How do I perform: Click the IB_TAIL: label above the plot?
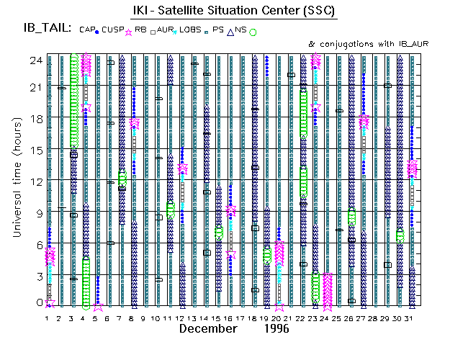pyautogui.click(x=47, y=28)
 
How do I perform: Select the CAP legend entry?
pyautogui.click(x=87, y=30)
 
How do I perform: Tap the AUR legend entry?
pyautogui.click(x=166, y=30)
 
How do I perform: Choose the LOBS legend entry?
pyautogui.click(x=192, y=30)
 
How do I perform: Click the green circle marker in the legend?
pyautogui.click(x=253, y=32)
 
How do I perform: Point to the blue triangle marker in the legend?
pyautogui.click(x=230, y=31)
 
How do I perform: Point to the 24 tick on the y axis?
pyautogui.click(x=35, y=61)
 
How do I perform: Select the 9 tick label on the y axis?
pyautogui.click(x=37, y=213)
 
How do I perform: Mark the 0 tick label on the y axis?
pyautogui.click(x=37, y=302)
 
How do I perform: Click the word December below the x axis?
pyautogui.click(x=208, y=329)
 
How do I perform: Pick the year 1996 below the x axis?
pyautogui.click(x=275, y=329)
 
